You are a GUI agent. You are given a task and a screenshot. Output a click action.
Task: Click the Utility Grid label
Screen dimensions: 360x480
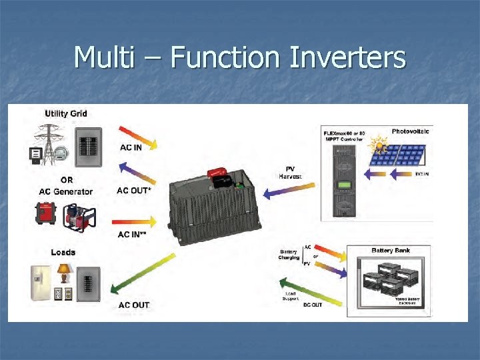65,113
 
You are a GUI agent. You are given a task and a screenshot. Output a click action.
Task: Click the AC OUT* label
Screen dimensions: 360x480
133,191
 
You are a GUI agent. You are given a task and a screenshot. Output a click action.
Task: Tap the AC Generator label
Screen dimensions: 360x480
66,191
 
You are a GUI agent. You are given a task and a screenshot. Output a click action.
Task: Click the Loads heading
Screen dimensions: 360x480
63,252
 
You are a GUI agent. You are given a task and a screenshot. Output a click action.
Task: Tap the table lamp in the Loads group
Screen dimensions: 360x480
65,273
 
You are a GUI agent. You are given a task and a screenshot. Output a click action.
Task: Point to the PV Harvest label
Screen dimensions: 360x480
290,173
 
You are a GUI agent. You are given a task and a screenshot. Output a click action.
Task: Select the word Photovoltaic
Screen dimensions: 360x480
411,131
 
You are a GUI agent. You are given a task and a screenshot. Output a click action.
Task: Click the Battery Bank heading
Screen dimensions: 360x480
391,251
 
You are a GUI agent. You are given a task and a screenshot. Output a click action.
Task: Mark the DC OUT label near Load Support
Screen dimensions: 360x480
312,305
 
